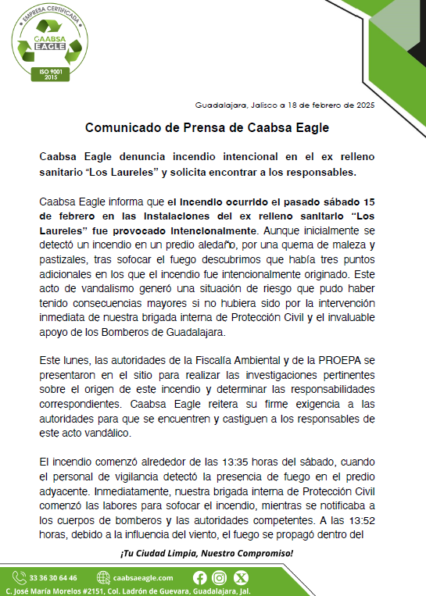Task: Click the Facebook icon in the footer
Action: (x=200, y=578)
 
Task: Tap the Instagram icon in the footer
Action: (x=220, y=578)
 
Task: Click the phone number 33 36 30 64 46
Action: (x=59, y=578)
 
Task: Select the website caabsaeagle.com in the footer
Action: (x=142, y=578)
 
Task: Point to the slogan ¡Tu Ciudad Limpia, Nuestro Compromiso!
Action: (x=206, y=553)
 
